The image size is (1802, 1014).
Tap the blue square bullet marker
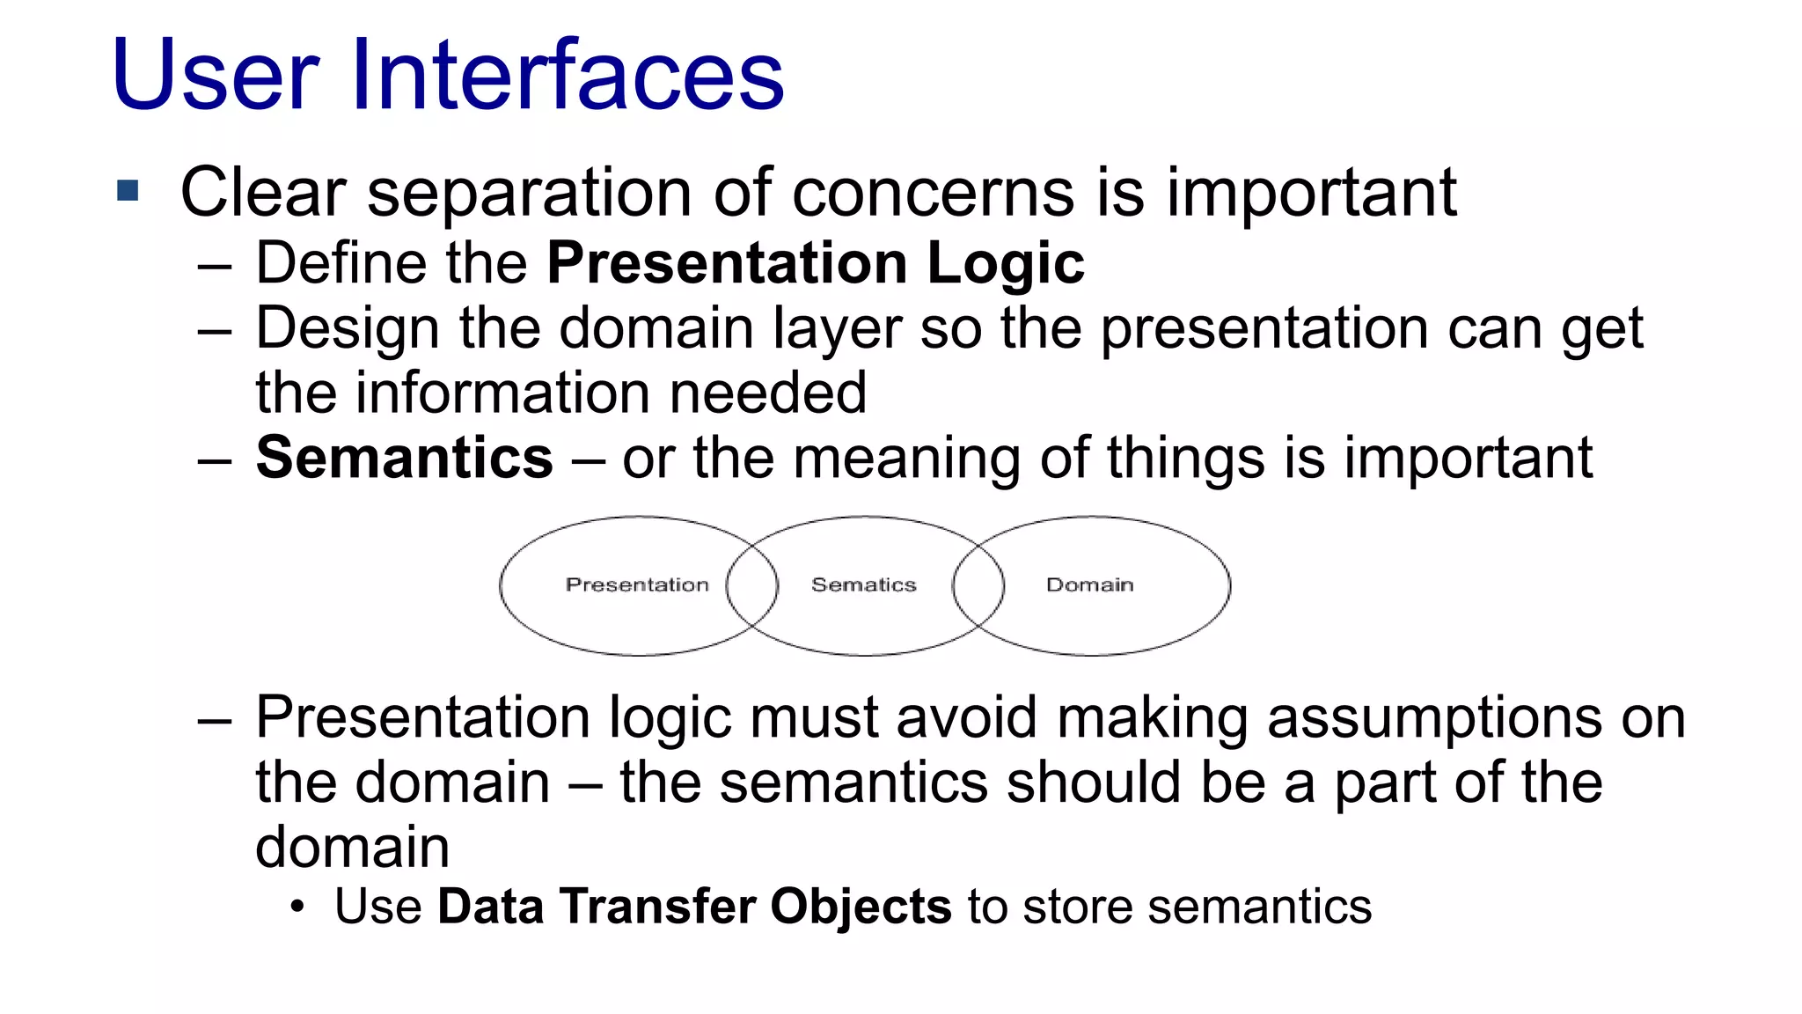pos(128,190)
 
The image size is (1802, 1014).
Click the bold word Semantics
pos(404,459)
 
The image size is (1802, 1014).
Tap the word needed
pos(768,393)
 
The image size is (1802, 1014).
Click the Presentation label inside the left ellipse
pos(637,585)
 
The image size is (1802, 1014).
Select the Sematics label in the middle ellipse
pos(863,585)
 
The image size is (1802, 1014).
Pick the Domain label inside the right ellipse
pos(1089,585)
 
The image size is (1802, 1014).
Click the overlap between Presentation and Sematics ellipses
pos(752,585)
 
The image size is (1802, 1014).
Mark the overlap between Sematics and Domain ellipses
pos(978,585)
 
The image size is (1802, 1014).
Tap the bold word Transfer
pos(656,907)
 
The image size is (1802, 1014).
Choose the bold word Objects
pos(861,907)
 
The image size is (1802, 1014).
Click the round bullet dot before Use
pos(298,907)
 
